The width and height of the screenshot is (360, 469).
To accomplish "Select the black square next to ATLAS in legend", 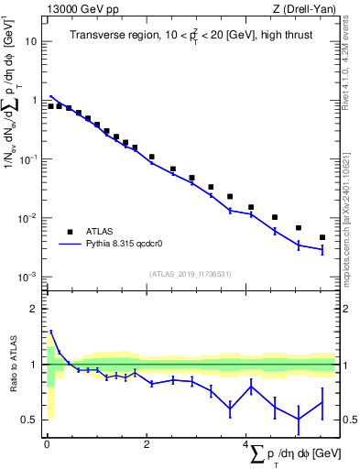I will (70, 232).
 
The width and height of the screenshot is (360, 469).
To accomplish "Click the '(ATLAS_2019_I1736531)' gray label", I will (191, 273).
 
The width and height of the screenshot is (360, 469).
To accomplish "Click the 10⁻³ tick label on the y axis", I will (29, 277).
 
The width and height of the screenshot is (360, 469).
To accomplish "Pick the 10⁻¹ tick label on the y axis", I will (29, 159).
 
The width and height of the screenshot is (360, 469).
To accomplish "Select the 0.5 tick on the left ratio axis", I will (29, 420).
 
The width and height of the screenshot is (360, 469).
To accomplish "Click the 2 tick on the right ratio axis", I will (346, 309).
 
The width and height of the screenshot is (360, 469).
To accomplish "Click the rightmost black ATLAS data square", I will (322, 237).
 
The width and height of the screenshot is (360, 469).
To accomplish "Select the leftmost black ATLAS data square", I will (50, 106).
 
